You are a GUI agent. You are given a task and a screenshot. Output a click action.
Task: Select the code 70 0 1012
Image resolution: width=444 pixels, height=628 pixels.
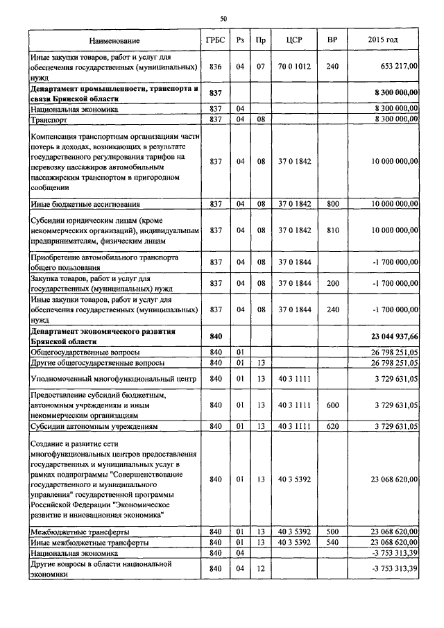(291, 67)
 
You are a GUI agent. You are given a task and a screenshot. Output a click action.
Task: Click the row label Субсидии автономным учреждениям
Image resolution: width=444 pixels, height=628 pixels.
(94, 426)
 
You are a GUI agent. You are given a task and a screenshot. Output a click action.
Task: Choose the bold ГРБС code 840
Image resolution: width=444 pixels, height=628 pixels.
(215, 337)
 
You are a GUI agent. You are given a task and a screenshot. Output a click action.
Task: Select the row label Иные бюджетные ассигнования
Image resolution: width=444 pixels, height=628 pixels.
(85, 204)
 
